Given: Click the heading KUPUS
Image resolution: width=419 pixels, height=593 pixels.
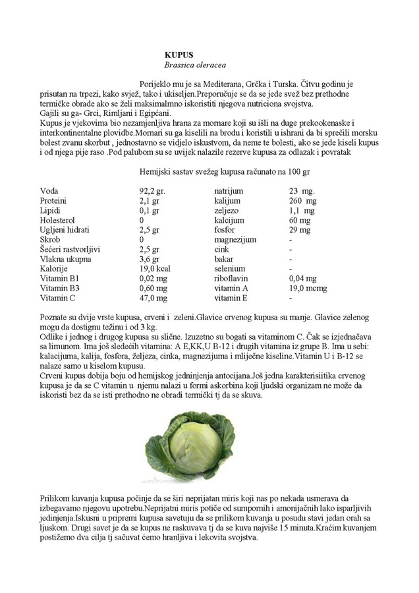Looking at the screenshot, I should tap(179, 55).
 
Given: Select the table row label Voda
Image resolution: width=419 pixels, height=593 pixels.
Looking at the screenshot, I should tap(49, 190).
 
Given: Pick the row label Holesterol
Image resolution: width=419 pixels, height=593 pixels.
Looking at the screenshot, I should tap(57, 220).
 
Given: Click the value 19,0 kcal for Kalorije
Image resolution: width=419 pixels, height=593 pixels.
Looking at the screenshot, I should tap(155, 269).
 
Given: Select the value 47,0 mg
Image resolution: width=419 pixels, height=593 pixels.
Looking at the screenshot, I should tap(153, 298).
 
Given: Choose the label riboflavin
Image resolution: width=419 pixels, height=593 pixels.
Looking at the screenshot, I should tap(231, 279).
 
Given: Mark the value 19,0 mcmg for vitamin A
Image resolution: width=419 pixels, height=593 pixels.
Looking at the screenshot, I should tap(308, 289).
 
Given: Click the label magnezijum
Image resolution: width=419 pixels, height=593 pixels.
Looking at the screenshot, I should tap(235, 240).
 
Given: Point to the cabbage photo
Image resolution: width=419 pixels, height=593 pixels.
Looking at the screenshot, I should tap(190, 447).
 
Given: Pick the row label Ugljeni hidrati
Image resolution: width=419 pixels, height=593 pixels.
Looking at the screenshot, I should tap(65, 230).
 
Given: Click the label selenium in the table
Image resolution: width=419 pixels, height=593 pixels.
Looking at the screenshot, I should tap(229, 269).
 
